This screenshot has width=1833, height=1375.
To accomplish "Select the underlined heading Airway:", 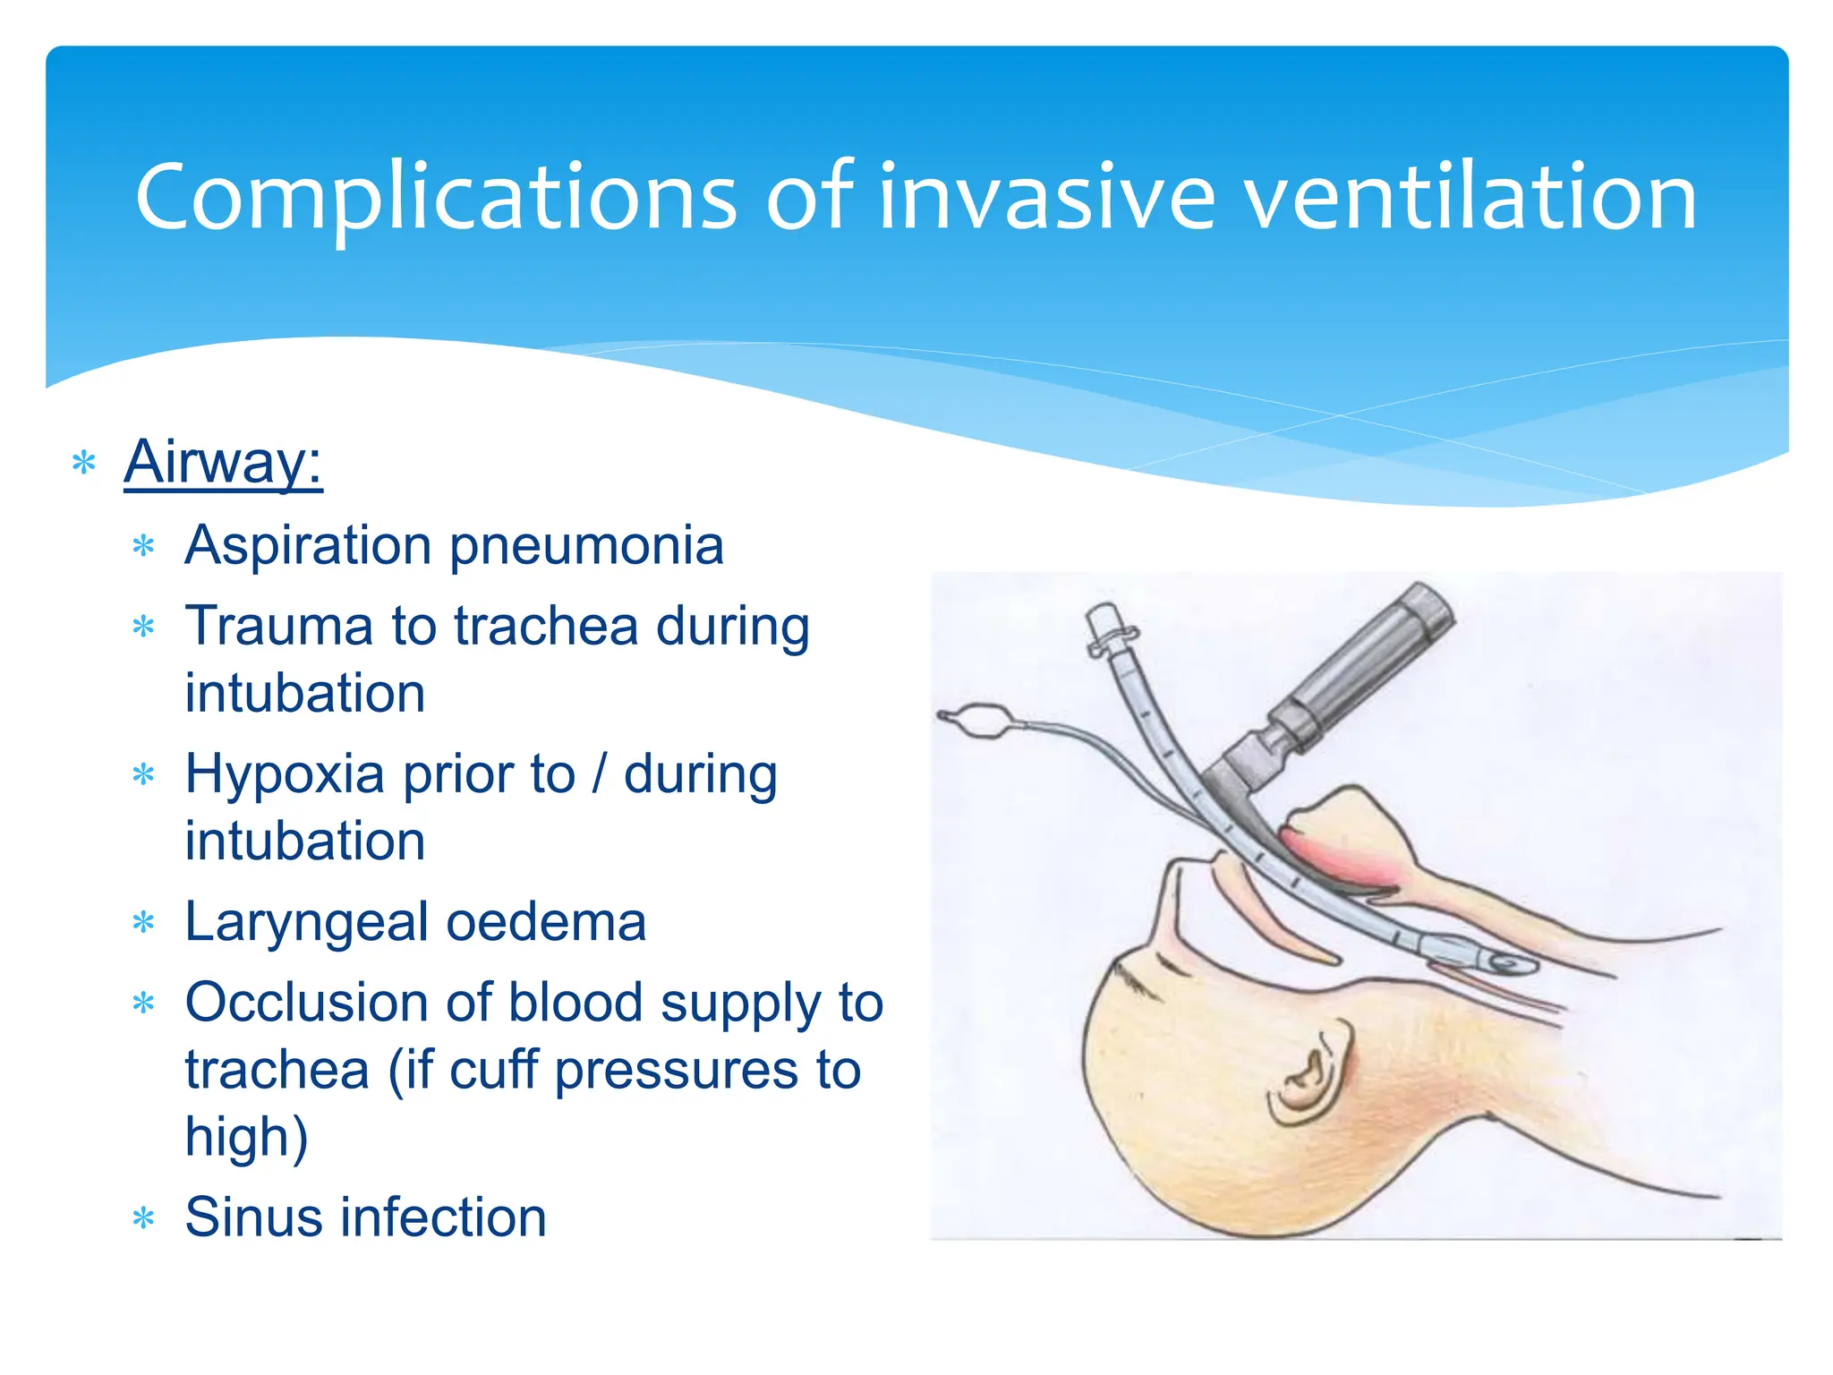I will point(223,462).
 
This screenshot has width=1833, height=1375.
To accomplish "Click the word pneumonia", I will point(586,545).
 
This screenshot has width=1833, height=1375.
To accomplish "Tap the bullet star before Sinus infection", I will point(143,1218).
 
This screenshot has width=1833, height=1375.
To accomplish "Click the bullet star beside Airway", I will point(83,464).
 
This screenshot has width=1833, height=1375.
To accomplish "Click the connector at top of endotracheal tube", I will point(1106,627).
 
